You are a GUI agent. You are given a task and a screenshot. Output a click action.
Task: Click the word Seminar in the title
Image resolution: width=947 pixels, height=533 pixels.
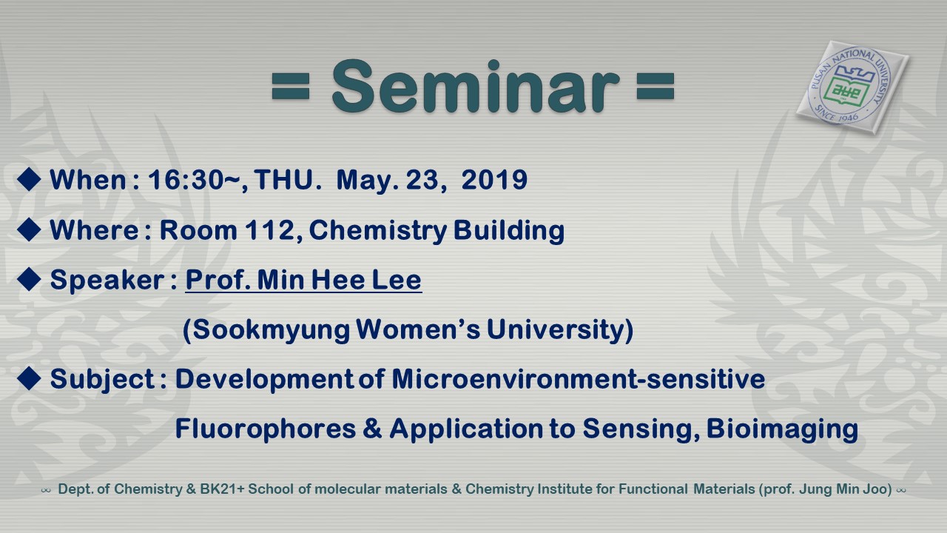[476, 87]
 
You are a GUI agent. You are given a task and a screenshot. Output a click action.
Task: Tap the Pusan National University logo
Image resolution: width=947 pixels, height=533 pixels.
[852, 87]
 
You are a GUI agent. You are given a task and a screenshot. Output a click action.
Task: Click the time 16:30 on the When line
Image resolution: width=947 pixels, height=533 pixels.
[185, 179]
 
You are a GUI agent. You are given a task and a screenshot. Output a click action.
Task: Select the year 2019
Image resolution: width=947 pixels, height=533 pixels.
[494, 179]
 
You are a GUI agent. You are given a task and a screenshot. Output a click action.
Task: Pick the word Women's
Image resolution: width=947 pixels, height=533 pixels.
[418, 329]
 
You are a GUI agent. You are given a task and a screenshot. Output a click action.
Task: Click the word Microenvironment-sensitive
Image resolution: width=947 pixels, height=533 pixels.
[579, 378]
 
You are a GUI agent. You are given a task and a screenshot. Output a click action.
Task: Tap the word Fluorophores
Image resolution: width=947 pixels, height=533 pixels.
[266, 429]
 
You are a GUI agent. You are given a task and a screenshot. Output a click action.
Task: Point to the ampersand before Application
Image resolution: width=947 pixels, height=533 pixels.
[372, 428]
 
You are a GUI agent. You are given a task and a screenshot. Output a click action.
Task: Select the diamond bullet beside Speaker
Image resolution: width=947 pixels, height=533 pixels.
[29, 279]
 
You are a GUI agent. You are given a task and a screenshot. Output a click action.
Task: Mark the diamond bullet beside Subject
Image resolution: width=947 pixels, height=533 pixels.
[29, 378]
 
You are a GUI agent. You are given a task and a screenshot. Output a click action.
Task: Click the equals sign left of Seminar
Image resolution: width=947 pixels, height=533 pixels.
[291, 87]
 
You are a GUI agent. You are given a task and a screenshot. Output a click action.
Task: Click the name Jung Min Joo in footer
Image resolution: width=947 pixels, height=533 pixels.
[849, 489]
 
